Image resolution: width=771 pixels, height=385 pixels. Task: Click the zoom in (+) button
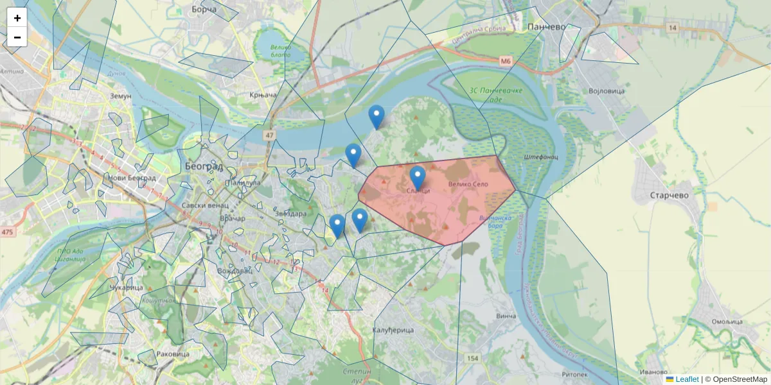tap(17, 18)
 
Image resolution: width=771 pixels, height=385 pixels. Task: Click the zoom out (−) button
tap(17, 37)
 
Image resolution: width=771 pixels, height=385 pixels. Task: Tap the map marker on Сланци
tap(418, 178)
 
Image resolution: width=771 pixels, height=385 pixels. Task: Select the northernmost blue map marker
tap(377, 117)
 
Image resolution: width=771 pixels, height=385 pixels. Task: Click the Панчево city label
tap(545, 27)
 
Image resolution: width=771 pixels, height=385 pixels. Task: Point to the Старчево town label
tap(669, 195)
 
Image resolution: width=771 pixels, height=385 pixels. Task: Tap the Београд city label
tap(204, 166)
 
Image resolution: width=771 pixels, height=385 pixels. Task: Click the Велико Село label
tap(468, 184)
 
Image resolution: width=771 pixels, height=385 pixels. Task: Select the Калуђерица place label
tap(393, 330)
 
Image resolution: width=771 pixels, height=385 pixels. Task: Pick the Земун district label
tap(121, 96)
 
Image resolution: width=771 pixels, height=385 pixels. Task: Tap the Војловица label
tap(607, 91)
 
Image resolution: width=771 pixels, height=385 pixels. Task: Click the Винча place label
tap(506, 316)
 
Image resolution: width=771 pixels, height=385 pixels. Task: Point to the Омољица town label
tap(727, 321)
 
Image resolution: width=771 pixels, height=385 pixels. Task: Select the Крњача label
tap(263, 95)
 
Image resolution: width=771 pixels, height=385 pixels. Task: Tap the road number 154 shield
tap(473, 358)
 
